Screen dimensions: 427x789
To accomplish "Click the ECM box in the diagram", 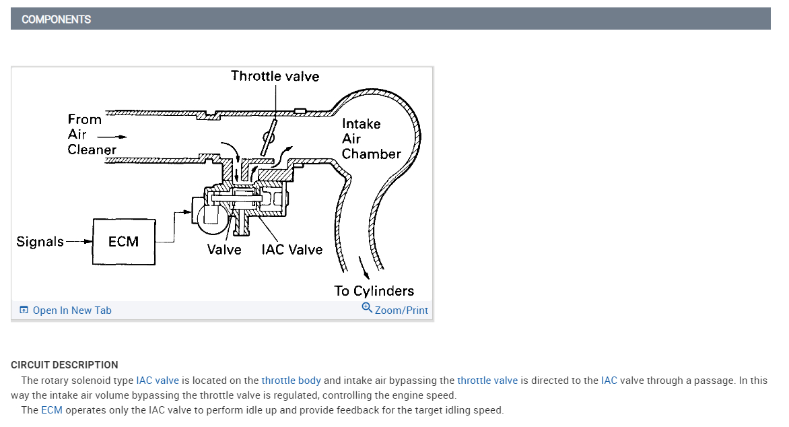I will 123,241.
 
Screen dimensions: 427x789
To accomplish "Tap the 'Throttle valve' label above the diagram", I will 275,76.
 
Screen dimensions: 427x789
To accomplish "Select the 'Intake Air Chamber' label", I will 371,139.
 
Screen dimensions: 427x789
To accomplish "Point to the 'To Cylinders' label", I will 374,291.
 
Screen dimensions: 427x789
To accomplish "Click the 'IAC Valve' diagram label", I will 291,250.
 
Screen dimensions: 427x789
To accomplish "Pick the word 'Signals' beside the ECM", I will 40,241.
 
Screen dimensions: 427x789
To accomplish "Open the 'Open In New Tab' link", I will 71,310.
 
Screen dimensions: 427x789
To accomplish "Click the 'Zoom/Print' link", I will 401,310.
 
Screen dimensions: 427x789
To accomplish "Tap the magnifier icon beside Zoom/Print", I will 367,308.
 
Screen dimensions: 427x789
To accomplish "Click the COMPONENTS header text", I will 56,19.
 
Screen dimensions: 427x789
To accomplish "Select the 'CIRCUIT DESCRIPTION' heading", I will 65,365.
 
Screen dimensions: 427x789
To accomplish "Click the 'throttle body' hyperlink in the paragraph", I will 291,381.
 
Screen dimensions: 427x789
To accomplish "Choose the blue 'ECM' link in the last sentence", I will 51,410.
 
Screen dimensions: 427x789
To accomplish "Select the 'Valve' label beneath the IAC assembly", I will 224,250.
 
